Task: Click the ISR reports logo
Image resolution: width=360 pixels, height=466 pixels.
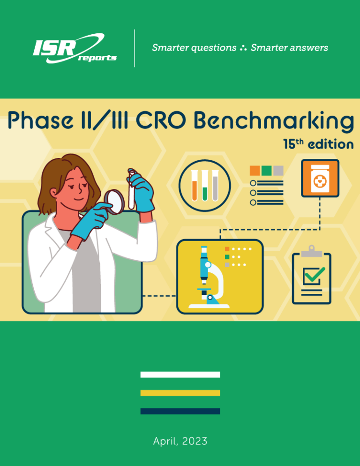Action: pyautogui.click(x=74, y=48)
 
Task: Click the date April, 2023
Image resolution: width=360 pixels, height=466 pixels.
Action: pyautogui.click(x=180, y=441)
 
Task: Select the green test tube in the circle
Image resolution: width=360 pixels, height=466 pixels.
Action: pyautogui.click(x=205, y=185)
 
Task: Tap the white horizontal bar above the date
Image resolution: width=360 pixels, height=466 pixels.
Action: pyautogui.click(x=180, y=375)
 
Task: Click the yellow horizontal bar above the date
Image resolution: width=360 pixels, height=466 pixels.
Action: pyautogui.click(x=180, y=393)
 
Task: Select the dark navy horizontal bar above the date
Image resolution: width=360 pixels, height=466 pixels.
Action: pyautogui.click(x=180, y=411)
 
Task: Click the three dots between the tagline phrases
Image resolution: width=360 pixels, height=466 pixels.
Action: pyautogui.click(x=244, y=48)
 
